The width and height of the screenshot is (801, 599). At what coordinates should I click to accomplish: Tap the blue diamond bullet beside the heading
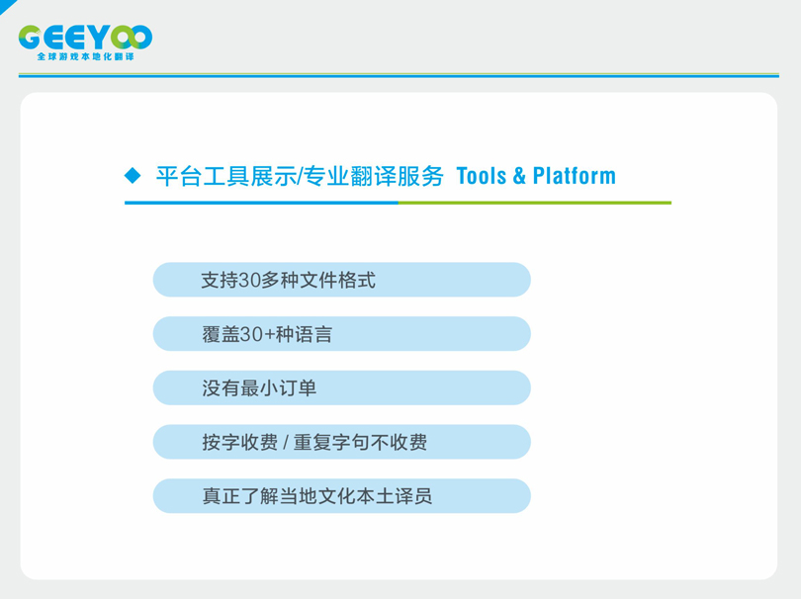tap(133, 176)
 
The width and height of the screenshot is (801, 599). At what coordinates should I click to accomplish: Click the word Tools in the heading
tap(482, 176)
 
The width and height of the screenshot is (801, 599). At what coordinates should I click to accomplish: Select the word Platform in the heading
tap(575, 176)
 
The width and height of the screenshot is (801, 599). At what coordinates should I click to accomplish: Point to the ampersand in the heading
tap(519, 176)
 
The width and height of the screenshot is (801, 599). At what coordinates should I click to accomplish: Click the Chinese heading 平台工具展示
tap(225, 176)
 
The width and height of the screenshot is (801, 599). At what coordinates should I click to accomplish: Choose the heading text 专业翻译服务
tap(373, 176)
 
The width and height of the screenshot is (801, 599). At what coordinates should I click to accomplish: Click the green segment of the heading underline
tap(535, 203)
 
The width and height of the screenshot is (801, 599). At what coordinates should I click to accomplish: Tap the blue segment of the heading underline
tap(261, 203)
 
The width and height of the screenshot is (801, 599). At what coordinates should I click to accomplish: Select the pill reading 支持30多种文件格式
tap(342, 280)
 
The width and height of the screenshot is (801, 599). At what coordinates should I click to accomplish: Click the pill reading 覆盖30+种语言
tap(342, 334)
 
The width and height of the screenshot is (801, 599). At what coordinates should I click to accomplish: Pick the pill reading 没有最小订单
tap(342, 388)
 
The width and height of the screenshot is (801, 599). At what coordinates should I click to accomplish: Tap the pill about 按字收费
tap(342, 442)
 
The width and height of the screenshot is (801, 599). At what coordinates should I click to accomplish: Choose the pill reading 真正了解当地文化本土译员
tap(342, 496)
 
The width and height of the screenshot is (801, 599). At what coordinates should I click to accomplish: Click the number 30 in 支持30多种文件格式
tap(250, 281)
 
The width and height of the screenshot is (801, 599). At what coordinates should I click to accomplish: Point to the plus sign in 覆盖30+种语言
tap(269, 335)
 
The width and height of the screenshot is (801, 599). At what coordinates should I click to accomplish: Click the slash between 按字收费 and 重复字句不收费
tap(286, 442)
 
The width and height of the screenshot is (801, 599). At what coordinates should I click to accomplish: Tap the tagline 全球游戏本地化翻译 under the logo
tap(85, 56)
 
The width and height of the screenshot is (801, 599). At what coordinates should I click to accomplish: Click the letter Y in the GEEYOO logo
tap(103, 38)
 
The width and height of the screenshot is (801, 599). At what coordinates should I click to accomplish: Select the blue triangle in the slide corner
tap(6, 5)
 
